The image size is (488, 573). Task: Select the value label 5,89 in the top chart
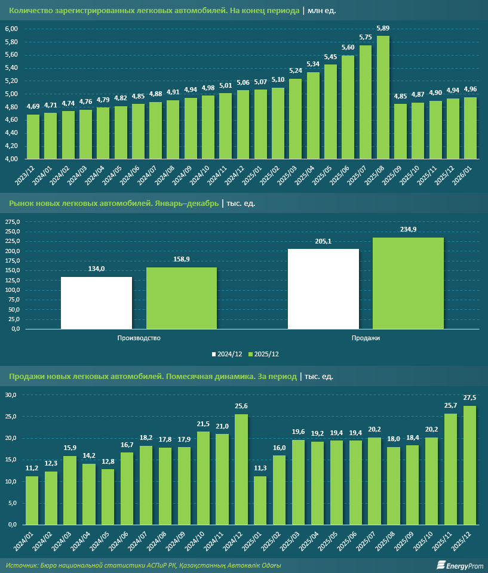point(383,28)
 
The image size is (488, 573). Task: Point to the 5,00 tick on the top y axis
point(12,94)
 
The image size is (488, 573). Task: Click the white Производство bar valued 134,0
point(96,303)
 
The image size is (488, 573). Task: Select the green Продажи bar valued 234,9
point(408,283)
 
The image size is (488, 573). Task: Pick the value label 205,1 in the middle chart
point(323,241)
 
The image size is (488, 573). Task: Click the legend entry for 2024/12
point(227,354)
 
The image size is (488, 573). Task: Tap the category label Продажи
point(366,338)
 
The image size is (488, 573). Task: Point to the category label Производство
point(139,338)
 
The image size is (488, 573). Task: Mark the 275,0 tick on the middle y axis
point(13,221)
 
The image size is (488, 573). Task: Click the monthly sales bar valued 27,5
point(469,465)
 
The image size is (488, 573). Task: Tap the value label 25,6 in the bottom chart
point(241,406)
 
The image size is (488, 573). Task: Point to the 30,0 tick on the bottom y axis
point(12,395)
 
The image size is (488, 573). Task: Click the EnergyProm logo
point(458,564)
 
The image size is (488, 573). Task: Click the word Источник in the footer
point(20,565)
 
